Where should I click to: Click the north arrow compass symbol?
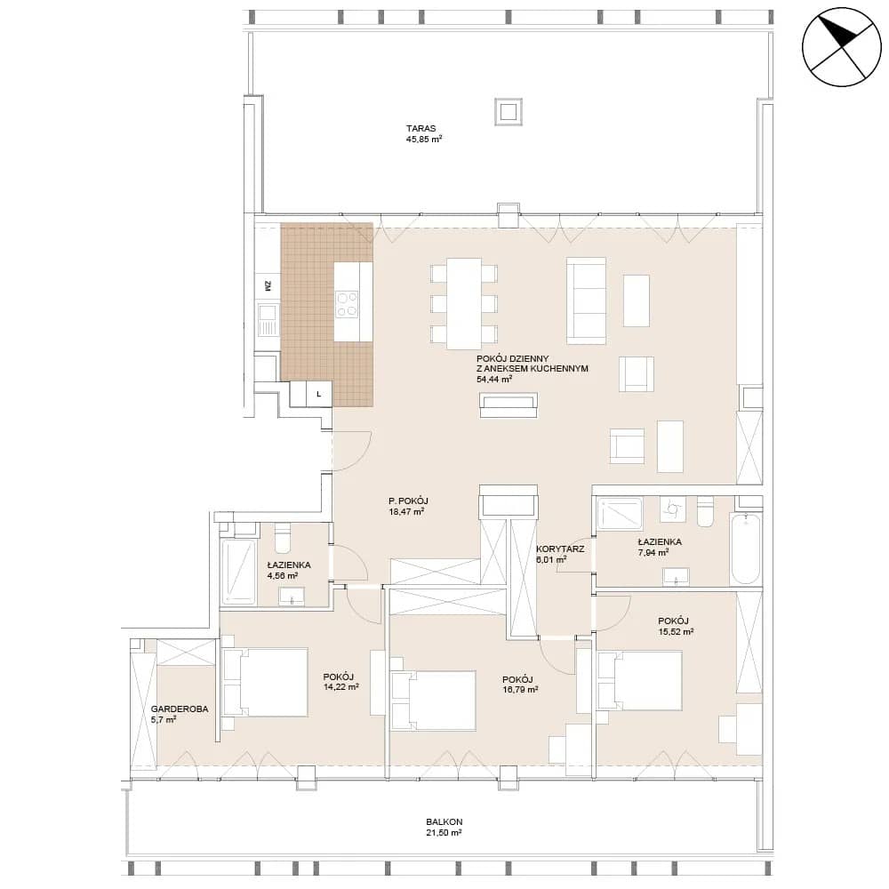pos(841,47)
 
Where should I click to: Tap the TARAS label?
pos(420,129)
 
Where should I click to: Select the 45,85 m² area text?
pos(423,139)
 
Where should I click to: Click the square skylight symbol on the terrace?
pos(508,111)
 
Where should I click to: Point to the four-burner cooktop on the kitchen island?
pos(347,304)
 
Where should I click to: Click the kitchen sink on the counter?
pos(267,318)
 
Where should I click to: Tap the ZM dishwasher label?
pos(268,286)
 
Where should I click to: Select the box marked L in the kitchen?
pos(319,394)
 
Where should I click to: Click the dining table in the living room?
pos(464,303)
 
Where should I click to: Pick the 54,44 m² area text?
pos(494,379)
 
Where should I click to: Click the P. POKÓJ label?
pos(408,501)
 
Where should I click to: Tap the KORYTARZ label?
pos(560,549)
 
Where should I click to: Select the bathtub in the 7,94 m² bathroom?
pos(746,549)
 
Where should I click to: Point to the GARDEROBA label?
pos(180,709)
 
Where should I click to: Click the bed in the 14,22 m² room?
pos(265,683)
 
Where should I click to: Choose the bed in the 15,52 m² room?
pos(639,680)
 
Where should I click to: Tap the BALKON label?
pos(444,821)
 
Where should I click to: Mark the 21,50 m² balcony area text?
pos(444,833)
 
